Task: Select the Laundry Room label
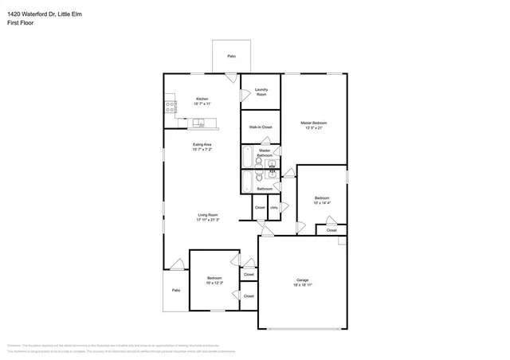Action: coord(261,92)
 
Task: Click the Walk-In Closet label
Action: coord(261,127)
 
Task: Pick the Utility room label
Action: coord(274,208)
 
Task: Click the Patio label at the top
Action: coord(231,57)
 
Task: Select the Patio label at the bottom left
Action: coord(175,290)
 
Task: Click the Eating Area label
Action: coord(202,145)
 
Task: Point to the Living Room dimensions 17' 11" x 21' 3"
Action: coord(208,220)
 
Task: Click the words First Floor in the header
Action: coord(21,24)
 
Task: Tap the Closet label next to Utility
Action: coord(260,208)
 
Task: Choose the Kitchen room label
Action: coord(202,99)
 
